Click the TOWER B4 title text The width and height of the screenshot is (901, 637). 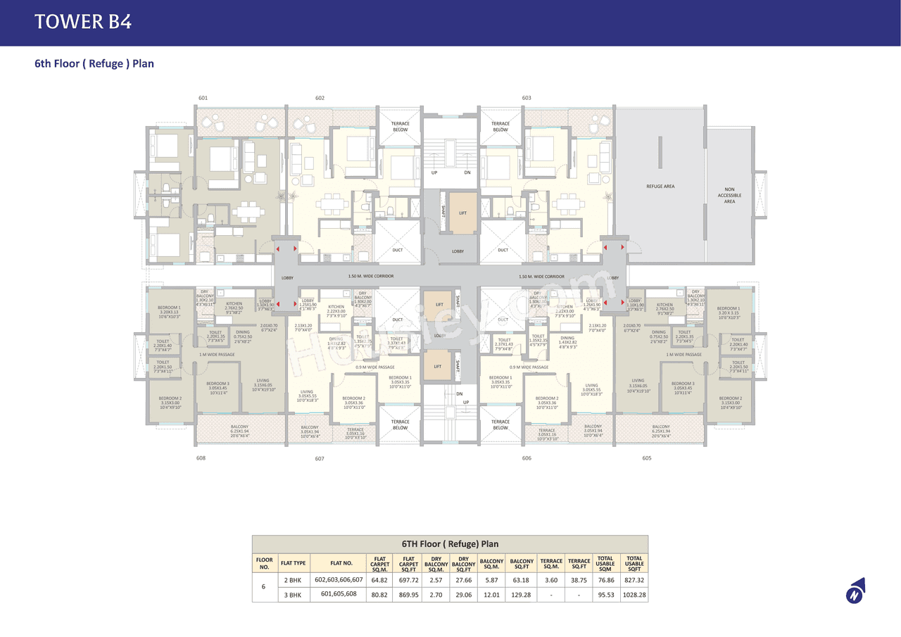tap(83, 22)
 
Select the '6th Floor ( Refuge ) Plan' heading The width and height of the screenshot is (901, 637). tap(94, 63)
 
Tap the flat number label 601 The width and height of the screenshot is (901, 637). tap(203, 98)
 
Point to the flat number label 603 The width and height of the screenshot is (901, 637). tap(527, 98)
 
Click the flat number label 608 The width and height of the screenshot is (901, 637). tap(201, 458)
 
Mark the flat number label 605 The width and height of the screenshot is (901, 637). tap(647, 458)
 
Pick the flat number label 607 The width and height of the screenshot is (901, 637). tap(320, 458)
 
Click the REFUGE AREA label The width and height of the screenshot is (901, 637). tap(660, 187)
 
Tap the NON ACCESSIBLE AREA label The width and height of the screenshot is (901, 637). tap(729, 195)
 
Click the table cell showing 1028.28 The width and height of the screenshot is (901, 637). tap(634, 594)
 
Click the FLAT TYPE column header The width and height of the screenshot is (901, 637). tap(294, 563)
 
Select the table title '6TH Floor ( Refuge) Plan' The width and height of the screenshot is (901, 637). tap(450, 544)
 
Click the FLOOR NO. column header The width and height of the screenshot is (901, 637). tap(264, 563)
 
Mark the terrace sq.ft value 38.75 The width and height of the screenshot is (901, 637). tap(579, 579)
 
